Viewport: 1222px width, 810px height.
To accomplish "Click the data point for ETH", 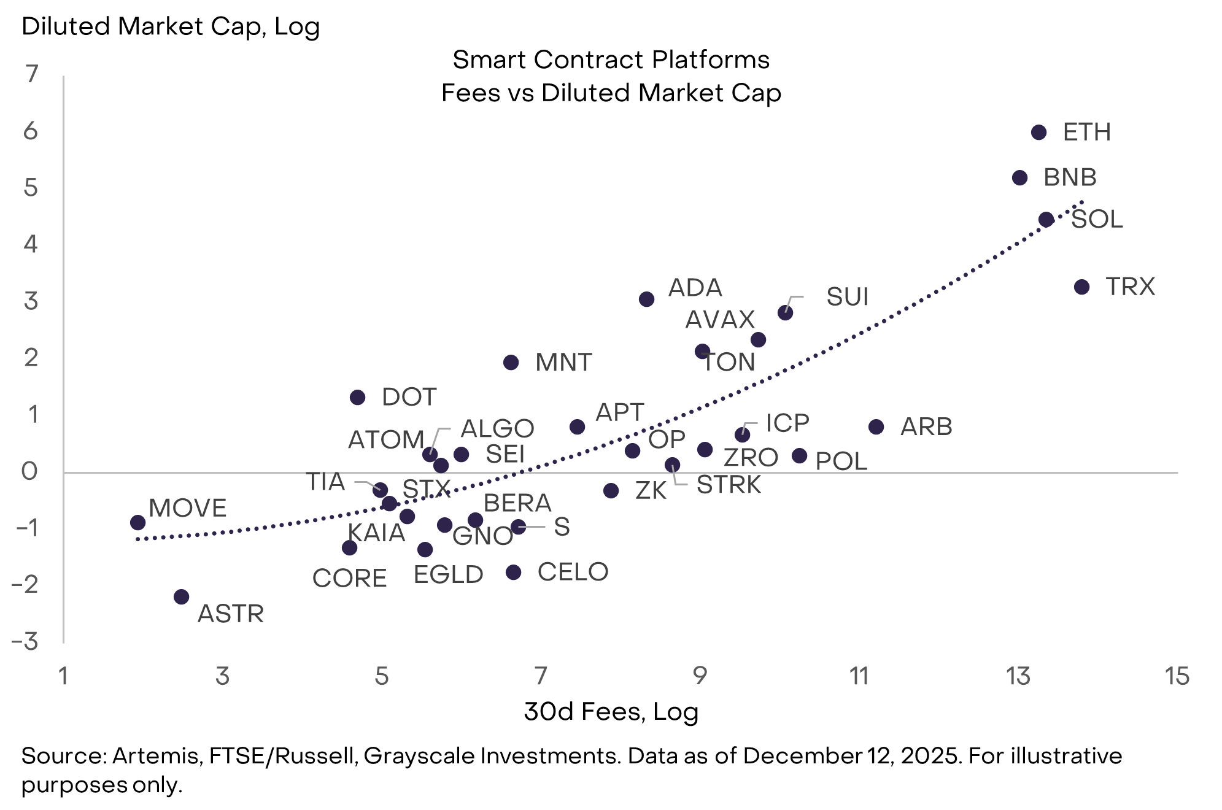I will tap(1038, 133).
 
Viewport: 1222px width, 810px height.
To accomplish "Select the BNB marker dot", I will tap(1019, 178).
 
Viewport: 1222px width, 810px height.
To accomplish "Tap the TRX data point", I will tap(1081, 287).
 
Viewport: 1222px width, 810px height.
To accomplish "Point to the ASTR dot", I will tap(181, 597).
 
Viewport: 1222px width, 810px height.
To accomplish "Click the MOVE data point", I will tap(138, 523).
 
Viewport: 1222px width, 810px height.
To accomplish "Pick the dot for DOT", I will tap(357, 398).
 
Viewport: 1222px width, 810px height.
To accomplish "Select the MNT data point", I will tap(511, 363).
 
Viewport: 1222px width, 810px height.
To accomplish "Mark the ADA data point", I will tap(646, 299).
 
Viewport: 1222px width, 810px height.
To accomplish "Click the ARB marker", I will tap(876, 427).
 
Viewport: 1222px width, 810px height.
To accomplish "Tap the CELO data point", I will tap(513, 573).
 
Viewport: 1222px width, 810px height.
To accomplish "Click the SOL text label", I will tap(1097, 219).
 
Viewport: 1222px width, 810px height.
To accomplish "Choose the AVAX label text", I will tap(720, 320).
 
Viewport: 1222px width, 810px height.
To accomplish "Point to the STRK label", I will tap(729, 485).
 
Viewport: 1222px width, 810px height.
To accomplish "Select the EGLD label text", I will tap(448, 575).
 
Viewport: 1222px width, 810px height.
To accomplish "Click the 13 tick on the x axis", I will tap(1018, 676).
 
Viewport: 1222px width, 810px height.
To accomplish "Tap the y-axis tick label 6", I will tap(31, 131).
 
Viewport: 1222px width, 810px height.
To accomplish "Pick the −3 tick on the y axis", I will tap(26, 642).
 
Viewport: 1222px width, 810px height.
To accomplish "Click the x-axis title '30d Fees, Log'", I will tap(611, 712).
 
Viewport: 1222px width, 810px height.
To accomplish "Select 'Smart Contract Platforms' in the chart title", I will tap(611, 60).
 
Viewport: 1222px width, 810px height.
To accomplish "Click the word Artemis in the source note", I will tap(157, 756).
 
